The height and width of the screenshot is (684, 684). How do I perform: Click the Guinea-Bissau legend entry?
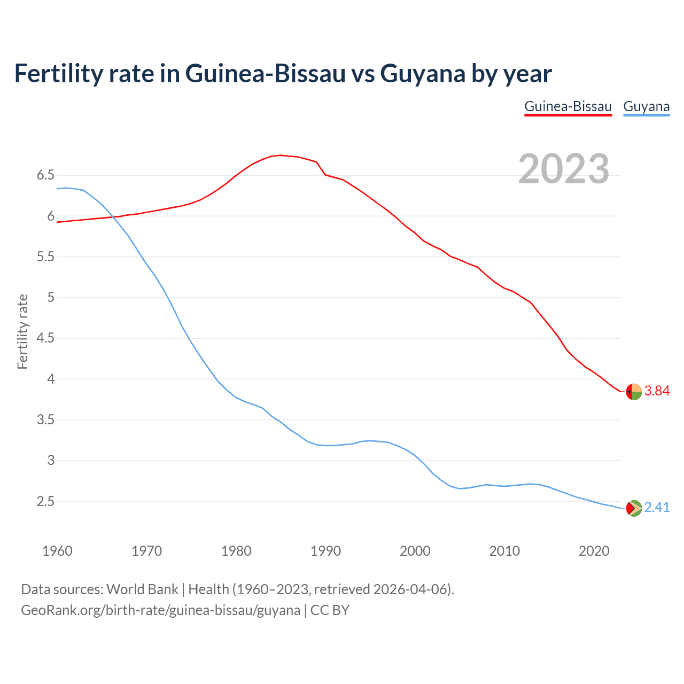[568, 106]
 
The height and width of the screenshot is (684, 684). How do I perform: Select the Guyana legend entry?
[646, 106]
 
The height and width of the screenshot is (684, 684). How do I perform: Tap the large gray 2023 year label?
[564, 169]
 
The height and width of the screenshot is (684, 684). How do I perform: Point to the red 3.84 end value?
[657, 391]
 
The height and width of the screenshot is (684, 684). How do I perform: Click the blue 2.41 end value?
[657, 507]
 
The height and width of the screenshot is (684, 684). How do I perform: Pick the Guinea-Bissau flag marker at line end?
[634, 392]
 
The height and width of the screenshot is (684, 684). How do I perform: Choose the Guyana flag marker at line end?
[634, 508]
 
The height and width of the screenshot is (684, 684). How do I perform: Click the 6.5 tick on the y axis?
[46, 175]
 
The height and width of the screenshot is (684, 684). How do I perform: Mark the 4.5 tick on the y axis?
[46, 338]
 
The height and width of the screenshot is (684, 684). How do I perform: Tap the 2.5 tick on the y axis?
[46, 501]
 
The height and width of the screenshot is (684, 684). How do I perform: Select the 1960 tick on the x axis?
[57, 551]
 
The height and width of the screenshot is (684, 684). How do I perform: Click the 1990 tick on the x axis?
[325, 551]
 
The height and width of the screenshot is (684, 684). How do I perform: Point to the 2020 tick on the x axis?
[594, 551]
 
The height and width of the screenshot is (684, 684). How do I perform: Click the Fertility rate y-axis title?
[22, 331]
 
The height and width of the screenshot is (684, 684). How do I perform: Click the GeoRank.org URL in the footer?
[160, 610]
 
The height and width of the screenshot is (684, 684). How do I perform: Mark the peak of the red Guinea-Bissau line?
[281, 155]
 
